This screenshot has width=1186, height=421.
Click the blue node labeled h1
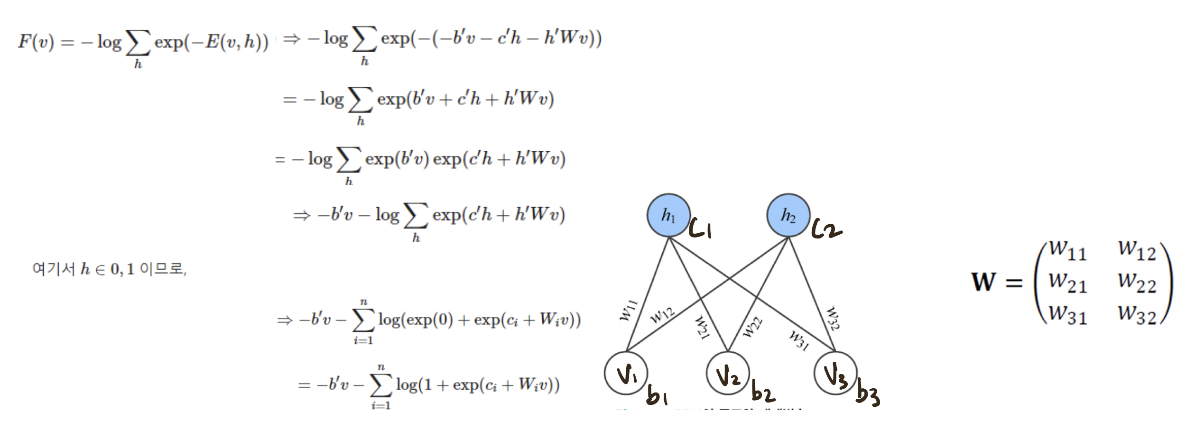pyautogui.click(x=668, y=215)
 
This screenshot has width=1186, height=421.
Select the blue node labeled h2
pyautogui.click(x=788, y=215)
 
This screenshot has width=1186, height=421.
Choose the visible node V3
pyautogui.click(x=835, y=373)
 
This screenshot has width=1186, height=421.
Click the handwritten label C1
pyautogui.click(x=701, y=229)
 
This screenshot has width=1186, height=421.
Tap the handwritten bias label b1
pyautogui.click(x=657, y=395)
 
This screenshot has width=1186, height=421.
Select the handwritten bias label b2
pyautogui.click(x=763, y=393)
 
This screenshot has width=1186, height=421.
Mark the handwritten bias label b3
pyautogui.click(x=868, y=395)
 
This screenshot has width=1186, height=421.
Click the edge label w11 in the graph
pyautogui.click(x=629, y=311)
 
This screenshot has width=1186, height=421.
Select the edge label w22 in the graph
pyautogui.click(x=752, y=327)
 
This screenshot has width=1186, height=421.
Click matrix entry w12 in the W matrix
pyautogui.click(x=1137, y=250)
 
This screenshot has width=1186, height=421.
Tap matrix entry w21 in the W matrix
pyautogui.click(x=1067, y=283)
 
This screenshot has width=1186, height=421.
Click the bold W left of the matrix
pyautogui.click(x=984, y=282)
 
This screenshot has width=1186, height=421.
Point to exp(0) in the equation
pyautogui.click(x=430, y=320)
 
